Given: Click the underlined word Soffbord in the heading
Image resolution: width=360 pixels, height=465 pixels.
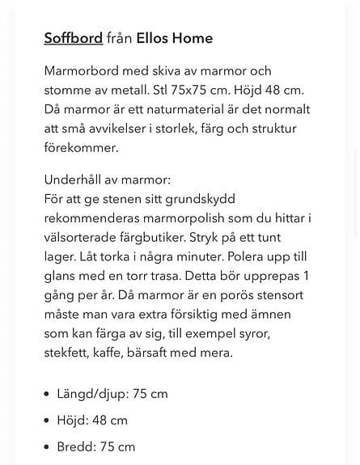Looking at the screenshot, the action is [x=73, y=38].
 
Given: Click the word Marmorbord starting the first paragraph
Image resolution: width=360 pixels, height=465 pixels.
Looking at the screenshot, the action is [x=86, y=70].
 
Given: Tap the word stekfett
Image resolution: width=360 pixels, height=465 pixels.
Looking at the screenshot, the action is [x=69, y=353].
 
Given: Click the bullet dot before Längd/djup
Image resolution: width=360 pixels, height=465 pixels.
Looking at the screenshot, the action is [x=48, y=395].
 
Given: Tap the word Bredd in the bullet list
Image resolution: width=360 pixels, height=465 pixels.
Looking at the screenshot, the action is [x=75, y=446].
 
